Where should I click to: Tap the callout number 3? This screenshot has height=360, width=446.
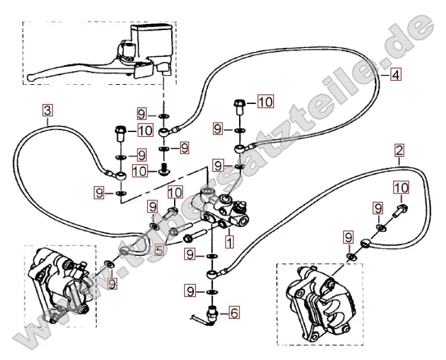click(47, 110)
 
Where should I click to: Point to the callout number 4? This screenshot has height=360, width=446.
click(395, 76)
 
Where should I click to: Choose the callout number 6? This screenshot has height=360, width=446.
click(234, 314)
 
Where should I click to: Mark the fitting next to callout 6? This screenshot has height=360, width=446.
click(210, 313)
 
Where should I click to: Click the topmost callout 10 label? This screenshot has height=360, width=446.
click(264, 103)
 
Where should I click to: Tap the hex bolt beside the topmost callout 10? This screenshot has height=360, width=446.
click(239, 105)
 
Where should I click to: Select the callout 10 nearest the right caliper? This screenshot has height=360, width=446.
click(401, 188)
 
